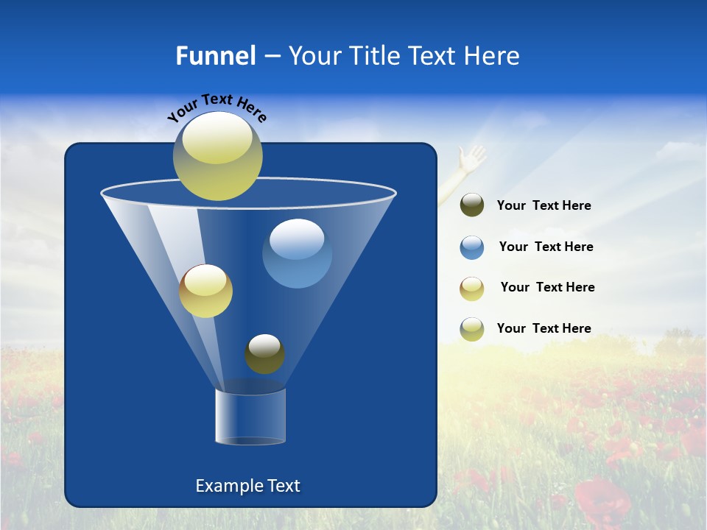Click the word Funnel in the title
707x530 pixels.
215,56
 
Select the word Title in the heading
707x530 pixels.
372,56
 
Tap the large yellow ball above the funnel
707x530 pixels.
218,156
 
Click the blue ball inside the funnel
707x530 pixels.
297,253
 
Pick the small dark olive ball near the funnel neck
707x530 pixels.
264,354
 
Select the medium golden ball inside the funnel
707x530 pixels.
205,291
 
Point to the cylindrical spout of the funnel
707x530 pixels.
250,416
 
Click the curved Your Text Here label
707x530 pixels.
217,108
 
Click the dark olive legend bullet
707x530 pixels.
471,205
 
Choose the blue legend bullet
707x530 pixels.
471,247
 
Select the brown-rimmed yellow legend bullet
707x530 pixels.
471,289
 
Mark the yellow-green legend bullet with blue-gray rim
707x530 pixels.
471,329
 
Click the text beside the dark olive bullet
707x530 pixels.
544,206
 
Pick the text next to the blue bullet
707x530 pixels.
546,247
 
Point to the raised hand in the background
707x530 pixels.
470,158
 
